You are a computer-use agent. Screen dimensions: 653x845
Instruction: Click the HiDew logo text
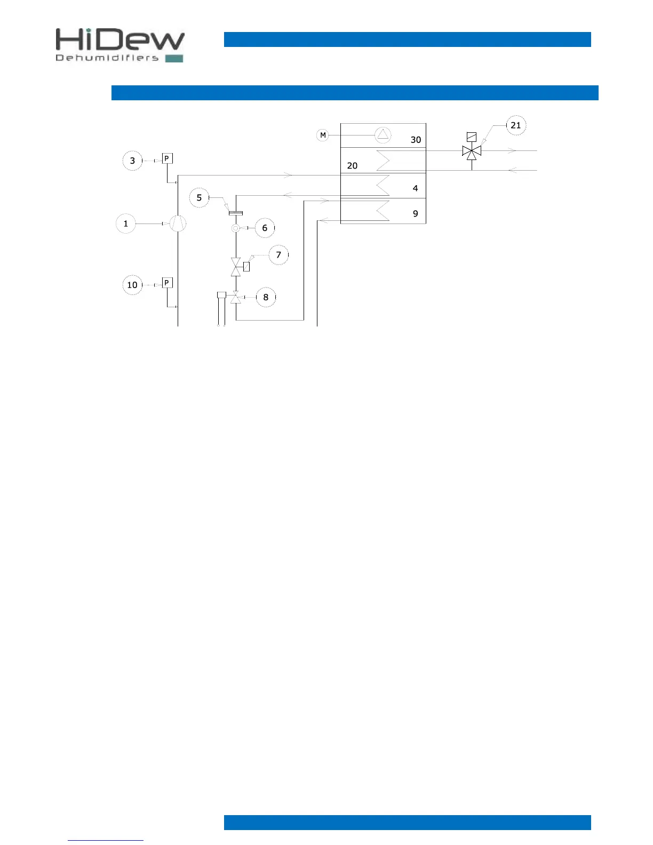tap(120, 41)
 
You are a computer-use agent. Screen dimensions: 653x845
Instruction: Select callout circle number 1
tap(126, 224)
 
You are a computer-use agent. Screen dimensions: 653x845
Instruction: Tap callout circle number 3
tap(133, 161)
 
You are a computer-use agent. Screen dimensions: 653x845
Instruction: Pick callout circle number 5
tap(199, 198)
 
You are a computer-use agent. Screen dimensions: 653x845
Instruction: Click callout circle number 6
tap(265, 228)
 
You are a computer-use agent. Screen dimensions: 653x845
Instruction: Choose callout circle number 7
tap(278, 255)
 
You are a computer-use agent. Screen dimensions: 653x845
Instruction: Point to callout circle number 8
tap(266, 297)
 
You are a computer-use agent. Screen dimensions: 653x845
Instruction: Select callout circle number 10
tap(132, 285)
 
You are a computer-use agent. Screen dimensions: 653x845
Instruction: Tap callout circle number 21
tap(516, 125)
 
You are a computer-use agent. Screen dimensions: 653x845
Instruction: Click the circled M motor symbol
tap(323, 135)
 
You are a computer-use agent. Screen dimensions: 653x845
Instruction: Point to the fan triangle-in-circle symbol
tap(383, 135)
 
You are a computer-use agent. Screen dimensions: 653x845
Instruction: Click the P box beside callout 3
tap(168, 158)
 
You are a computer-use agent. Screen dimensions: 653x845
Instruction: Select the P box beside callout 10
tap(168, 283)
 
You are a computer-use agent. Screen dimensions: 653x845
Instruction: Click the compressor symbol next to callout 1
tap(178, 224)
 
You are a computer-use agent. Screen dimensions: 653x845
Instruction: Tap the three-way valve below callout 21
tap(472, 152)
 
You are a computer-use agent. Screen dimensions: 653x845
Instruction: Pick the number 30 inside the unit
tap(416, 140)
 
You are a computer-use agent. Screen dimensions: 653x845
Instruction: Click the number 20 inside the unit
tap(352, 166)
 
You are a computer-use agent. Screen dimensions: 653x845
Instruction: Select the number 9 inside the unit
tap(416, 214)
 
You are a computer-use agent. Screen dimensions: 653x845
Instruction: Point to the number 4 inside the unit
tap(416, 188)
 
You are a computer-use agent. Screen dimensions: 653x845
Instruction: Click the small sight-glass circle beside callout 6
tap(236, 228)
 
